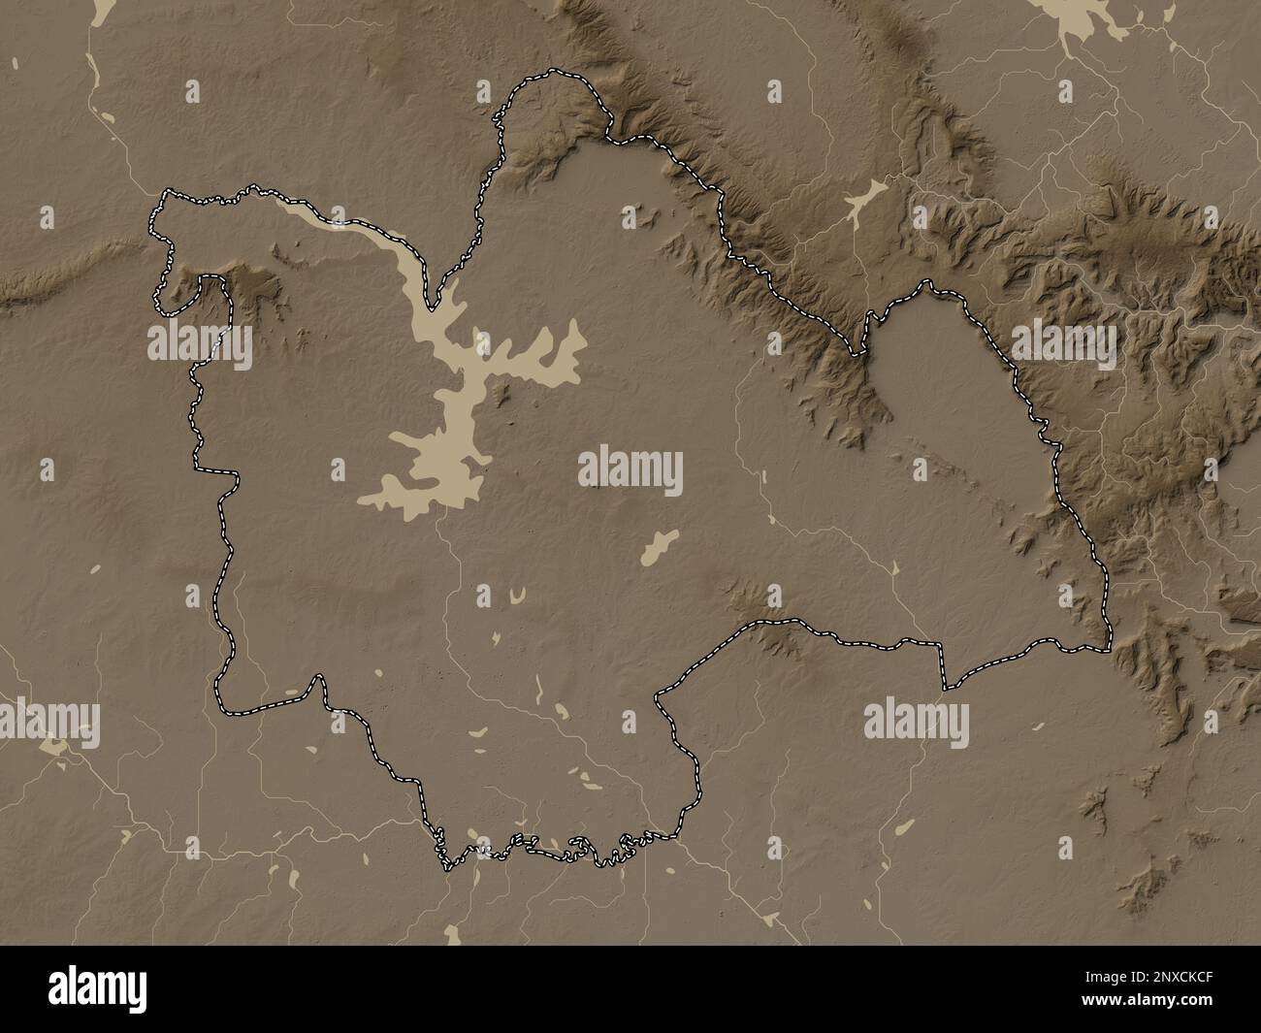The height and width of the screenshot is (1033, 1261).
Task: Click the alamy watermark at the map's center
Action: (x=630, y=470)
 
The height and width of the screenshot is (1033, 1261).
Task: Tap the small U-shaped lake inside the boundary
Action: (x=519, y=594)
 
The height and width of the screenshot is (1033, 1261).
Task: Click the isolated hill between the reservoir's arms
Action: (x=501, y=393)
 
